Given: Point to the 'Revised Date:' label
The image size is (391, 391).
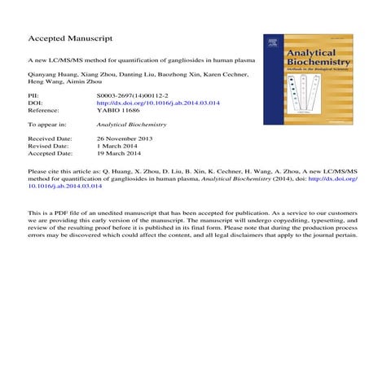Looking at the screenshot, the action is click(49, 147).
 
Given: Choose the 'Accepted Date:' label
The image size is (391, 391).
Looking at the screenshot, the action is click(51, 155).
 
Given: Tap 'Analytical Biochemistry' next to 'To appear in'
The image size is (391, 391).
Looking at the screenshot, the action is click(131, 125).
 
